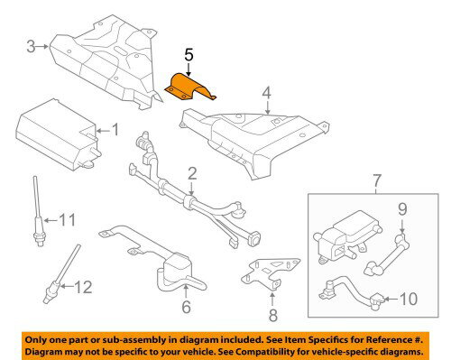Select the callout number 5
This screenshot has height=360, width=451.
coord(189,56)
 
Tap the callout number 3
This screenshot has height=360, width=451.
coord(31,47)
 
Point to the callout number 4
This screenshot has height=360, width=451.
coord(266,93)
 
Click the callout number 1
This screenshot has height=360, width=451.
coord(115,130)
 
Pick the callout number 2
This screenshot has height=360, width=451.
coord(192,174)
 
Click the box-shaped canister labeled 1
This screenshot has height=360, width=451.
coord(58,135)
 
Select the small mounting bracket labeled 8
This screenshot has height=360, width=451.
coord(270,273)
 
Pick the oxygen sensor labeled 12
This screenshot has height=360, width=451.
coord(62,273)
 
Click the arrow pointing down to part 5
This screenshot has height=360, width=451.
coord(189,69)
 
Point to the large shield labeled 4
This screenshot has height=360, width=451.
coord(255,142)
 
